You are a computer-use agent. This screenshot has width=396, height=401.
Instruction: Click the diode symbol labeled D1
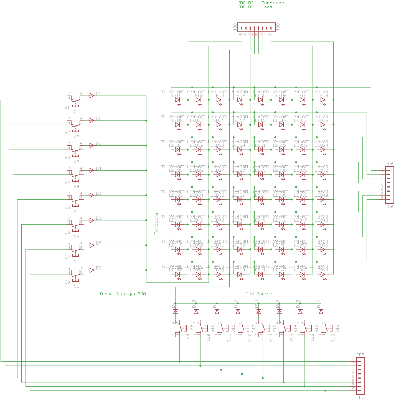point(92,96)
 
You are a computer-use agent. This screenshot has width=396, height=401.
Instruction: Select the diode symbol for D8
point(92,270)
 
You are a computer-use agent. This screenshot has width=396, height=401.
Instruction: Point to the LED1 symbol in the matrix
point(177,100)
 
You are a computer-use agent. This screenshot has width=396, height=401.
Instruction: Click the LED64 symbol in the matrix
point(323,274)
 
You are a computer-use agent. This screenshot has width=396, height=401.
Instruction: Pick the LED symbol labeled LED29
point(260,175)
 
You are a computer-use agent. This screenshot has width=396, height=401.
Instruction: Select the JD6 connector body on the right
point(389,185)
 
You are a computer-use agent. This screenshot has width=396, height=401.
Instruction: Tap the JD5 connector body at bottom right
point(360,376)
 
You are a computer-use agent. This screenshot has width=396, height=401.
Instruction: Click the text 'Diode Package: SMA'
point(123,294)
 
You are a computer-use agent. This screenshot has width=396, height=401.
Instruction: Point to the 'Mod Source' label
point(258,294)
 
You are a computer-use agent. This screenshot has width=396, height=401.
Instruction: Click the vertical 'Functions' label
point(156,223)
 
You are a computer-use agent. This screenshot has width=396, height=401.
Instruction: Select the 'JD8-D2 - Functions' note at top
point(260,3)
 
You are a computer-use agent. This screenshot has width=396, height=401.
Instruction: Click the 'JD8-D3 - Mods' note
point(255,7)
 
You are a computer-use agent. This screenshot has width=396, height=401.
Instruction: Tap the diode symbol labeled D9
point(175,312)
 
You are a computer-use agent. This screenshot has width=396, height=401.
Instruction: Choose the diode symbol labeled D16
point(321,312)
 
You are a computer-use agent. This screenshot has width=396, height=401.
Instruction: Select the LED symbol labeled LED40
point(323,200)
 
